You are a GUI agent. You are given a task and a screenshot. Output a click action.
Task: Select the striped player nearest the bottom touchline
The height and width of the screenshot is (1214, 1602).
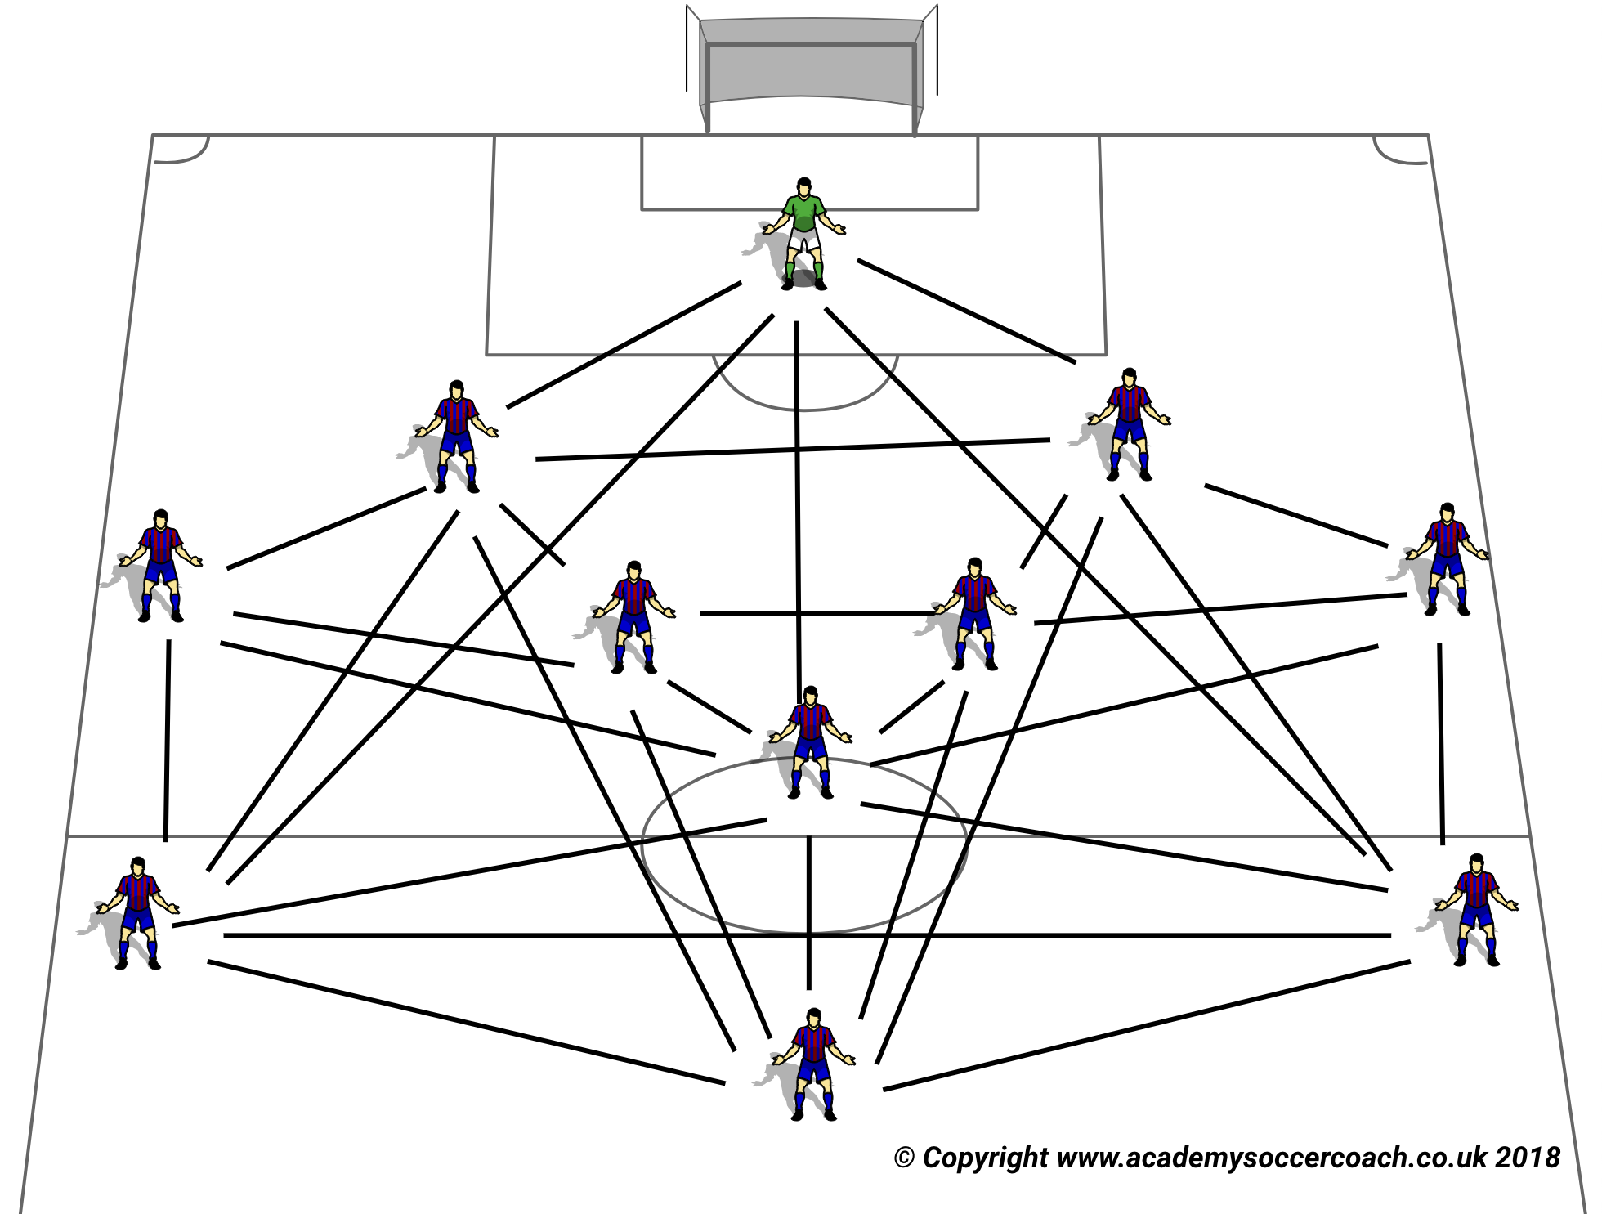(x=813, y=1063)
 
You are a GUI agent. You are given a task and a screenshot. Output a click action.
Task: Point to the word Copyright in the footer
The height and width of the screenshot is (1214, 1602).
(x=985, y=1158)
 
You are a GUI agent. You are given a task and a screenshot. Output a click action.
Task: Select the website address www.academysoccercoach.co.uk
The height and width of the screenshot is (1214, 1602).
(x=1272, y=1158)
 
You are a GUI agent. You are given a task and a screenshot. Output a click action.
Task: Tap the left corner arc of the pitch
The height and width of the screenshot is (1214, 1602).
(x=185, y=152)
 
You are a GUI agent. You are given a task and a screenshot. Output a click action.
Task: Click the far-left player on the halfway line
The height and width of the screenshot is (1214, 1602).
(x=137, y=912)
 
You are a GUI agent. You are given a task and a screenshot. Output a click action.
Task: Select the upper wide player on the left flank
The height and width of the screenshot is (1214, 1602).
(x=160, y=565)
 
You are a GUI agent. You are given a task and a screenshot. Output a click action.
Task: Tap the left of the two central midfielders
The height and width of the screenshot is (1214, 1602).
(x=633, y=616)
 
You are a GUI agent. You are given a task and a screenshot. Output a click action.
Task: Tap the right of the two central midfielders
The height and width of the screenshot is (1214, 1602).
(x=974, y=613)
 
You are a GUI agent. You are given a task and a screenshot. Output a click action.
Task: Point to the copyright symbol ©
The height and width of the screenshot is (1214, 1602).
(x=903, y=1158)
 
